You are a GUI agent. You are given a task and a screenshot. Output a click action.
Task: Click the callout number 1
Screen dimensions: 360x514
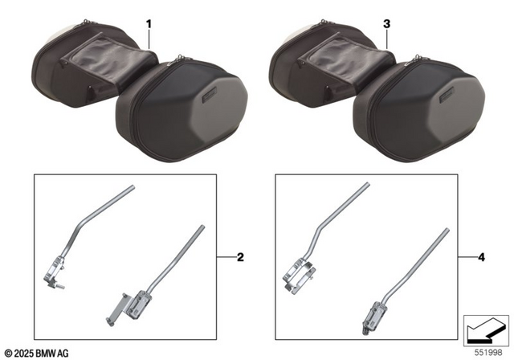[149, 25]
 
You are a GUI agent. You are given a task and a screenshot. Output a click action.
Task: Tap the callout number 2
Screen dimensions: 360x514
[240, 258]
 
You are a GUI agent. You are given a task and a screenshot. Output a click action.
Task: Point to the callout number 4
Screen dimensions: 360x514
[481, 258]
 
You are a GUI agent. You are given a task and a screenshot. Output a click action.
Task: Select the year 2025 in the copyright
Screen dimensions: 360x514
[24, 352]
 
